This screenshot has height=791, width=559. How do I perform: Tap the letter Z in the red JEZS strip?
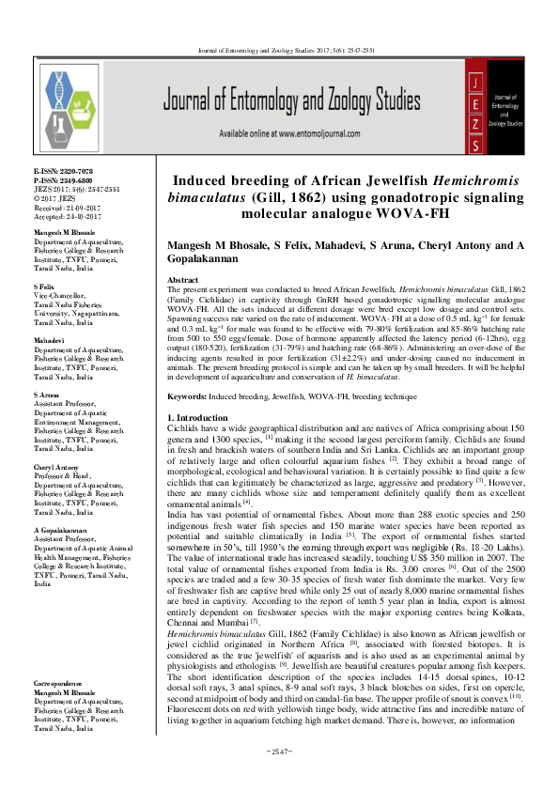pos(476,123)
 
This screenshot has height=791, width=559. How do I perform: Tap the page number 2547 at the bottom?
pos(279,776)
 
